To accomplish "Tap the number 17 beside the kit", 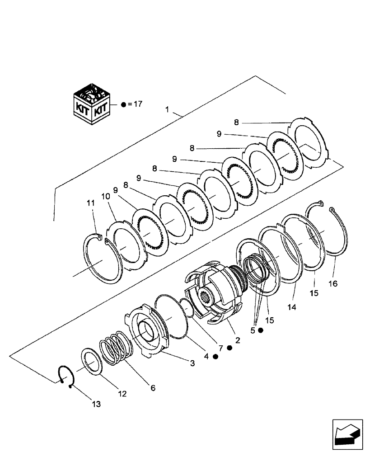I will pos(138,104).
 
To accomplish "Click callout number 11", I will pos(91,203).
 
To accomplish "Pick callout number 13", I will pos(96,404).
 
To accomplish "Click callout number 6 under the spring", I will pos(153,388).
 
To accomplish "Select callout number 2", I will pos(237,337).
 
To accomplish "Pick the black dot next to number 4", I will pos(215,356).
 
